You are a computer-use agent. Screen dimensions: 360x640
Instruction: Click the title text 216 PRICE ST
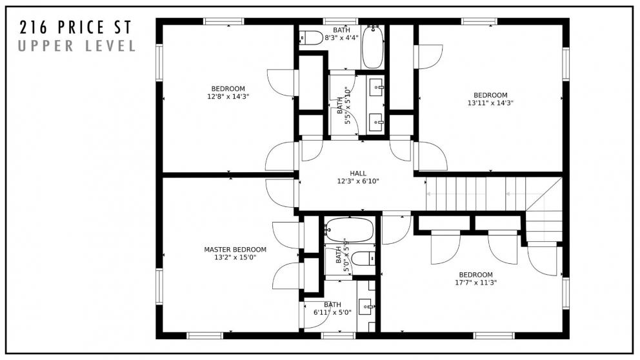coord(75,27)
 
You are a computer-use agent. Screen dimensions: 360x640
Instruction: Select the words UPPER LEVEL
coord(77,46)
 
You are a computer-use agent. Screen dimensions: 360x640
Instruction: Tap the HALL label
coord(358,174)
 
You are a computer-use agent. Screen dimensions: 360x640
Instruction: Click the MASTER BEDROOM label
coord(235,250)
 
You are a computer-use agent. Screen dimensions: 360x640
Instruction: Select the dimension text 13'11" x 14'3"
coord(490,103)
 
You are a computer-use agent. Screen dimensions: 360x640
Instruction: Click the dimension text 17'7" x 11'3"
coord(475,282)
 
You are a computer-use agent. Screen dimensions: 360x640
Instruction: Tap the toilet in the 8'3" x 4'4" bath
coord(312,38)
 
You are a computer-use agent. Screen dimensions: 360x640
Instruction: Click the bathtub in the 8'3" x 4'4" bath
coord(372,47)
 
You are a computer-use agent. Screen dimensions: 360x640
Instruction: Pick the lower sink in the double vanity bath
coord(376,120)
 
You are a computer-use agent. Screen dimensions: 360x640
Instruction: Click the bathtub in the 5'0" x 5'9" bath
coord(349,229)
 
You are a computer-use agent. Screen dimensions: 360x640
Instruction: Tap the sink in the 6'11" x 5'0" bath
coord(366,308)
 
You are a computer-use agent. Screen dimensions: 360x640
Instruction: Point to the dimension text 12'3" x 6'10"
coord(358,181)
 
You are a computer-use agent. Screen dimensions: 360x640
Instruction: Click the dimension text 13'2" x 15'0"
coord(235,257)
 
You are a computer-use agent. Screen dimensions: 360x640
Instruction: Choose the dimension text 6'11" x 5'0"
coord(332,313)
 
